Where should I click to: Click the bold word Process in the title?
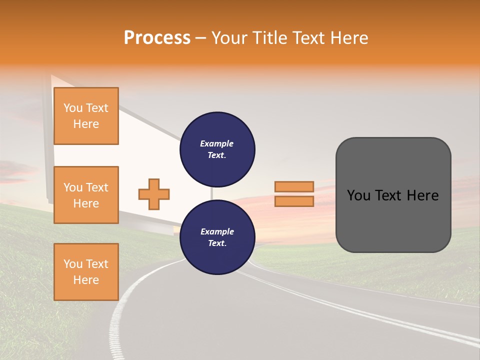click(x=157, y=38)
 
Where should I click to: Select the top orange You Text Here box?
click(x=86, y=116)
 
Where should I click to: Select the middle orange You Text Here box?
click(x=86, y=195)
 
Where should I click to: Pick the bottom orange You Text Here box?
click(x=86, y=272)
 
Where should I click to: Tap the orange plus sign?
click(x=154, y=194)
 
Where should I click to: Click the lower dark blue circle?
click(x=217, y=237)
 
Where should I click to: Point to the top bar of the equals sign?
click(x=294, y=186)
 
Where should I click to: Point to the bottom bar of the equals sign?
click(x=294, y=201)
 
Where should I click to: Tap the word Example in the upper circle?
click(x=217, y=143)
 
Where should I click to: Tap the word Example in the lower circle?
click(x=217, y=231)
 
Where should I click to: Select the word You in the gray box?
click(x=358, y=195)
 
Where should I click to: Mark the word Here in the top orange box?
click(x=86, y=124)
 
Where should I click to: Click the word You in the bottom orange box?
click(x=73, y=264)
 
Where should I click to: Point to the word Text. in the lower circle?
click(x=217, y=243)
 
